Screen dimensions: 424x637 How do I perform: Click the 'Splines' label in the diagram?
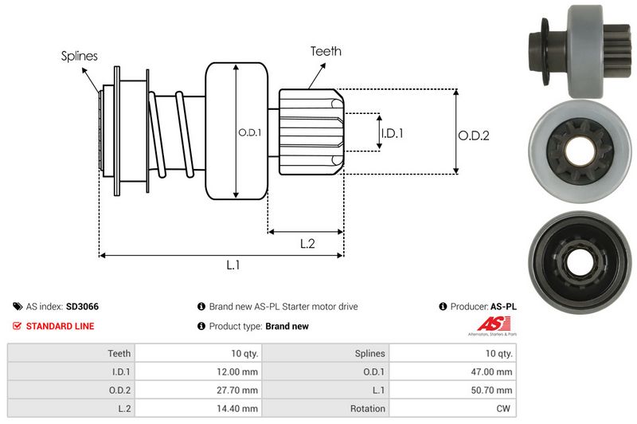pos(79,56)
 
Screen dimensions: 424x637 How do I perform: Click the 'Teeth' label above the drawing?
pos(326,51)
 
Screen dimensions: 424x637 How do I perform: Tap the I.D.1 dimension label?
pos(391,133)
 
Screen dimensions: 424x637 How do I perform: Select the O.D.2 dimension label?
pos(473,135)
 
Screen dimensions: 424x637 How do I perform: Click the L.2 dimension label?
pos(307,245)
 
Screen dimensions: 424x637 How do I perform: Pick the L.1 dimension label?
pos(233,265)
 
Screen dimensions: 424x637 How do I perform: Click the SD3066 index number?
pos(82,306)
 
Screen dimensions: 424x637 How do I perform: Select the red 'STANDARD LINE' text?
pos(60,326)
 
